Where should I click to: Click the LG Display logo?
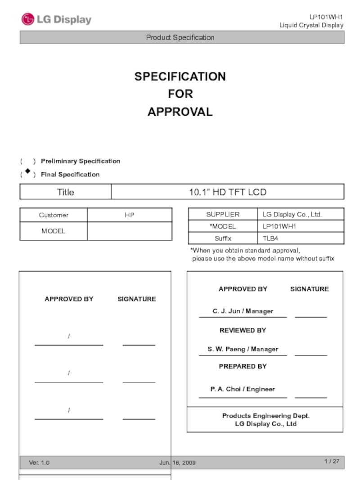56,19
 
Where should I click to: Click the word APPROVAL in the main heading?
180,112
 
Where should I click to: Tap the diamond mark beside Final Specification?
28,171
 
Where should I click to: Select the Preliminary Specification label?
80,161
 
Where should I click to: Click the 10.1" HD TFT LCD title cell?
227,192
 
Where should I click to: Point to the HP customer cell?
130,215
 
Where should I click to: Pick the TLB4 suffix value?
270,238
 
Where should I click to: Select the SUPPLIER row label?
223,215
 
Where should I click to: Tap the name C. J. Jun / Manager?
243,311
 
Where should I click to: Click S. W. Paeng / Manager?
243,349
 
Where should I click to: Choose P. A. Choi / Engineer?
243,389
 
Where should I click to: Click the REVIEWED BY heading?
243,330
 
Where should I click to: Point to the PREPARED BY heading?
243,366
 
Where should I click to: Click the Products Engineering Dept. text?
265,416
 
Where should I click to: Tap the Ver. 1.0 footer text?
39,462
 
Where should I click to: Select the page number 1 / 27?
332,461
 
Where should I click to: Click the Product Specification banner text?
180,37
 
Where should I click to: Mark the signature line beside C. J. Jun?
310,316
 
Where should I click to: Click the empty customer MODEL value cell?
130,231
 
